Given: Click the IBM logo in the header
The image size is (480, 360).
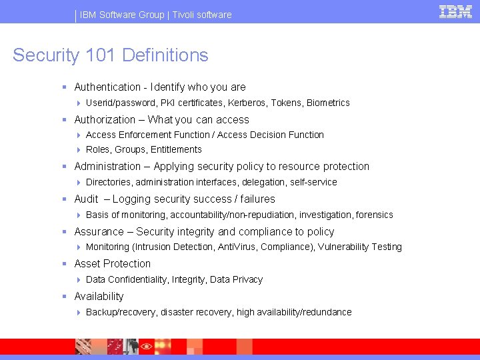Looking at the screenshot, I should (x=455, y=11).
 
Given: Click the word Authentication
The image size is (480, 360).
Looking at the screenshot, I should (x=107, y=87).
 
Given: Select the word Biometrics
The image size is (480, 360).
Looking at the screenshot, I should (x=328, y=103).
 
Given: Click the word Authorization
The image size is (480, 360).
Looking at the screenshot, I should (x=105, y=120).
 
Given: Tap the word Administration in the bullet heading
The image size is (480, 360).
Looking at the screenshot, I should (x=107, y=167).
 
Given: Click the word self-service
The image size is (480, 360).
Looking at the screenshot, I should (x=314, y=182).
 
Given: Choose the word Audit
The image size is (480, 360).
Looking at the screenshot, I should (x=87, y=199).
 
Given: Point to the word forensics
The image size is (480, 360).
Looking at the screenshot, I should (x=375, y=215).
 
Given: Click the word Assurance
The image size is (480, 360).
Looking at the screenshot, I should (x=99, y=232).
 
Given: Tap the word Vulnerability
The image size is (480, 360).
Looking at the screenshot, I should (x=343, y=247).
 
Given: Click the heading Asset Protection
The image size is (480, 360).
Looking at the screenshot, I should (x=113, y=264).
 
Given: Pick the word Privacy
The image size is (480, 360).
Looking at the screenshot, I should (x=246, y=279).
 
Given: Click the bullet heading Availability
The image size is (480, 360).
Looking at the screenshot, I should (x=99, y=297).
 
